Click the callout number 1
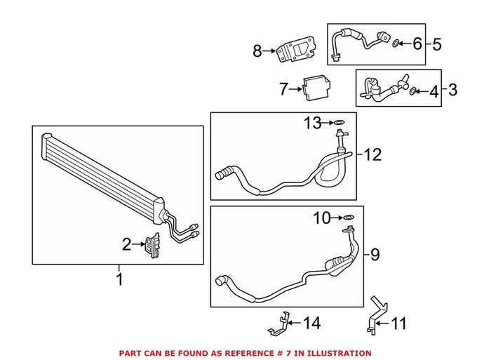click(119, 279)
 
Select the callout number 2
click(126, 244)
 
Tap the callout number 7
click(283, 89)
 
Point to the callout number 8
click(257, 51)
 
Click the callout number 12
click(372, 154)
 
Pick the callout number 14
click(312, 324)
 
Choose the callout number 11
click(398, 324)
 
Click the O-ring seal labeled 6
click(396, 44)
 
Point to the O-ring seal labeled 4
click(413, 90)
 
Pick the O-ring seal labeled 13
click(339, 124)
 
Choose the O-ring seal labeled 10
click(349, 218)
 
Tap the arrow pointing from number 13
click(329, 124)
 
